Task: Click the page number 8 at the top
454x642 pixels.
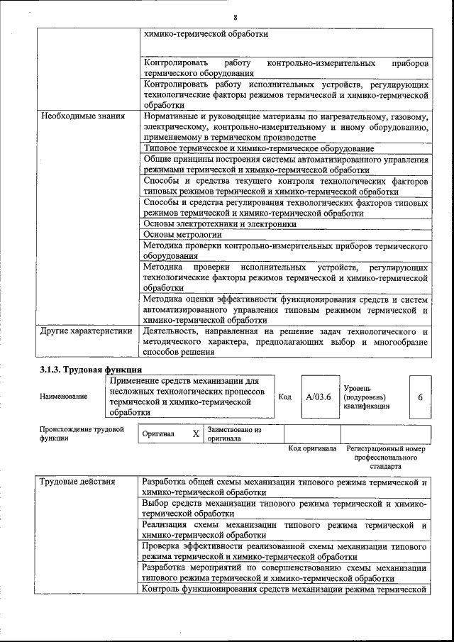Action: tap(235, 17)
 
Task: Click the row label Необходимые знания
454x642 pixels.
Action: tap(82, 116)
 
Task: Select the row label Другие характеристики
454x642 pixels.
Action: tap(86, 331)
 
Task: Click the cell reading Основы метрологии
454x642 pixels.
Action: tap(183, 234)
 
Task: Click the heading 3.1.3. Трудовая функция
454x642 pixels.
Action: tap(90, 370)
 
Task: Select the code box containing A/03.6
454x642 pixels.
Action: tap(319, 397)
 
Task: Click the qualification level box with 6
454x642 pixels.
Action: tap(420, 397)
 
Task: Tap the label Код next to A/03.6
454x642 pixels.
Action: tap(285, 397)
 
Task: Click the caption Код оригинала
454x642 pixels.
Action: tap(312, 449)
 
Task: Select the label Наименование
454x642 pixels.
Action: tap(64, 397)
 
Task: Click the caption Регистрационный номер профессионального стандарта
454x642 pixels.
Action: tap(385, 458)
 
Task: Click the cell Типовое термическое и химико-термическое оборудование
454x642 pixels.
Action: tap(259, 148)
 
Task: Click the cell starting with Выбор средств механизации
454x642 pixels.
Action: tap(284, 507)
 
